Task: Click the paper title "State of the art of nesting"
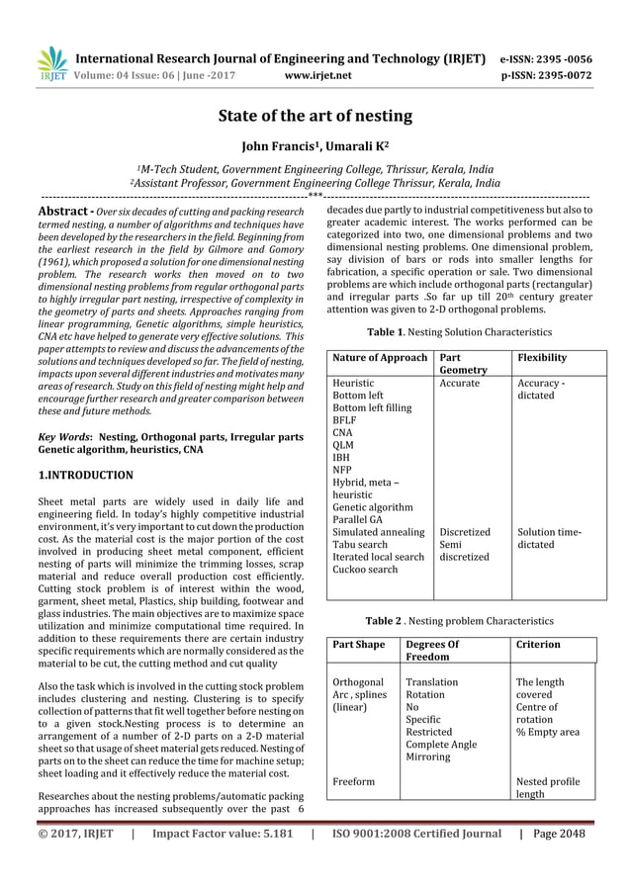[x=315, y=117]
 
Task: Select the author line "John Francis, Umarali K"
[x=315, y=149]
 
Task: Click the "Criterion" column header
[x=538, y=644]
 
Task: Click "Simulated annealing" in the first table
[x=380, y=532]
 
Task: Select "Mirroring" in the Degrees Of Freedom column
[x=429, y=757]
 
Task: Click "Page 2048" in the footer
[x=559, y=833]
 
